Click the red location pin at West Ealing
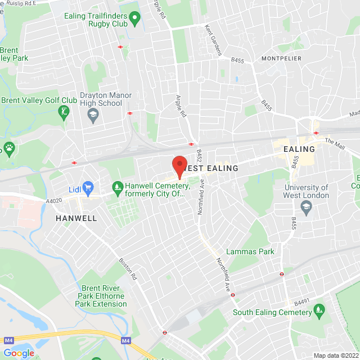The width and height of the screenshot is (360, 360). [x=179, y=165]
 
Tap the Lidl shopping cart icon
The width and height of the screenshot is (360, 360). [x=88, y=187]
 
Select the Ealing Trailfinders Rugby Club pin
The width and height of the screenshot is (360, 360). [x=134, y=21]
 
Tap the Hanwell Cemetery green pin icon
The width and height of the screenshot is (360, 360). [x=118, y=186]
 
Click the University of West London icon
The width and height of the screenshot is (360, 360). [x=306, y=208]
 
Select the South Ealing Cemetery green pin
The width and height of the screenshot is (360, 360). [x=319, y=309]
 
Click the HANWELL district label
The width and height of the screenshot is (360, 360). [x=76, y=218]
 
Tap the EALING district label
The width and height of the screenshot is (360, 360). [x=299, y=149]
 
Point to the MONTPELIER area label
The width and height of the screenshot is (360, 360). [x=281, y=58]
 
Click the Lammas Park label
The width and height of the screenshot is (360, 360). [x=250, y=251]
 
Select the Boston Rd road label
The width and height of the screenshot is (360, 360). [x=128, y=269]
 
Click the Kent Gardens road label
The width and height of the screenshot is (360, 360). [x=213, y=39]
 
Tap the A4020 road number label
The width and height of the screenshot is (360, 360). [x=54, y=199]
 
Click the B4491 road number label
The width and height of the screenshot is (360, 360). [x=301, y=301]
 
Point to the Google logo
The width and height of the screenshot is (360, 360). [x=19, y=353]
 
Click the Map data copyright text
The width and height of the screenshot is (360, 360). [x=336, y=355]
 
